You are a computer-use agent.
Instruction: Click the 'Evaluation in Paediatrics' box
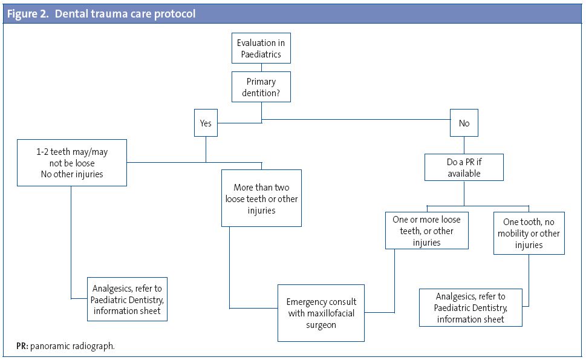pyautogui.click(x=261, y=49)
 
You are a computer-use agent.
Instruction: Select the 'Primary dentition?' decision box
pyautogui.click(x=261, y=87)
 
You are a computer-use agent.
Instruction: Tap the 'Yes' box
pyautogui.click(x=206, y=123)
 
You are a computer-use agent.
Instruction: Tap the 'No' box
pyautogui.click(x=464, y=123)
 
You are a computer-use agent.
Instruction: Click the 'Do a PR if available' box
pyautogui.click(x=464, y=168)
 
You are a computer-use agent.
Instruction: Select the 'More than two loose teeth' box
pyautogui.click(x=261, y=198)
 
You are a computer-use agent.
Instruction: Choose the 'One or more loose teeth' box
pyautogui.click(x=427, y=230)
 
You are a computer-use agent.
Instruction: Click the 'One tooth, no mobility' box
pyautogui.click(x=529, y=233)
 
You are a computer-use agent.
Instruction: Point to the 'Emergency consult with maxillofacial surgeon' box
pyautogui.click(x=321, y=313)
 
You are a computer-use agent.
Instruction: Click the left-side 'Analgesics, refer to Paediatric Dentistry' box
pyautogui.click(x=127, y=299)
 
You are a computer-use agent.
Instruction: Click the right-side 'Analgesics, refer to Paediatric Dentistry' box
pyautogui.click(x=470, y=307)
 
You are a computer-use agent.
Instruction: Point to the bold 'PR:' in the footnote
pyautogui.click(x=22, y=346)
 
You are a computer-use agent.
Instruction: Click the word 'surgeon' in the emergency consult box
pyautogui.click(x=321, y=325)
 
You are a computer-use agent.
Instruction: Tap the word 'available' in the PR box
pyautogui.click(x=464, y=174)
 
